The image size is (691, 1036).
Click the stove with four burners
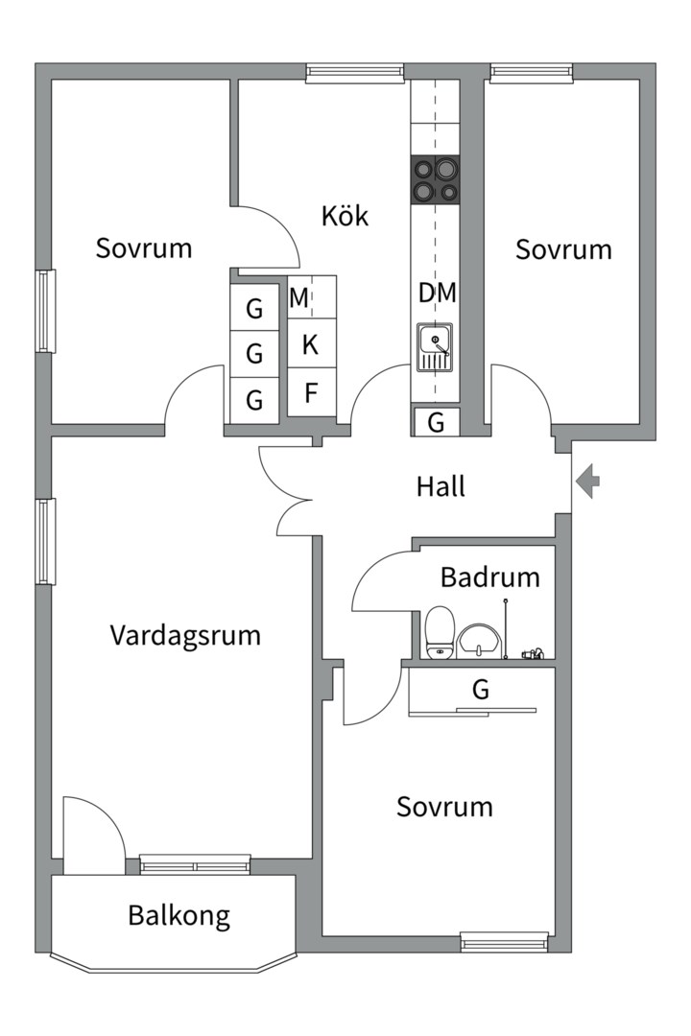(435, 179)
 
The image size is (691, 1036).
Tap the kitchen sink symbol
(436, 347)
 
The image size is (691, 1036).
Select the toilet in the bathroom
(440, 633)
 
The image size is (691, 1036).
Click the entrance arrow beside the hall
(588, 481)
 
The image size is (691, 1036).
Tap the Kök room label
(345, 216)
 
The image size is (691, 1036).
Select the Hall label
(441, 486)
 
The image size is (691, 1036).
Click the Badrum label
(489, 577)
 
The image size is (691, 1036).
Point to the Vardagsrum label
(185, 635)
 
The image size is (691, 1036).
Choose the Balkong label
(179, 915)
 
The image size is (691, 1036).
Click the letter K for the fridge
(310, 345)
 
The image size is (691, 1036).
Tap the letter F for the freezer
(311, 393)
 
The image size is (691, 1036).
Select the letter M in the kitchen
(299, 298)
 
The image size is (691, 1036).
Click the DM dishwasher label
(437, 294)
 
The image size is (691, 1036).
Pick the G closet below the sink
(436, 422)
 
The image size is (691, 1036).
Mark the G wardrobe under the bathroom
(481, 689)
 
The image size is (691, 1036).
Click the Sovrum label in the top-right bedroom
(563, 249)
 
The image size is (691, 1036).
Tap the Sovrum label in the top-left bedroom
(144, 248)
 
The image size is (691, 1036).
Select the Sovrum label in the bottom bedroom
(444, 807)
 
